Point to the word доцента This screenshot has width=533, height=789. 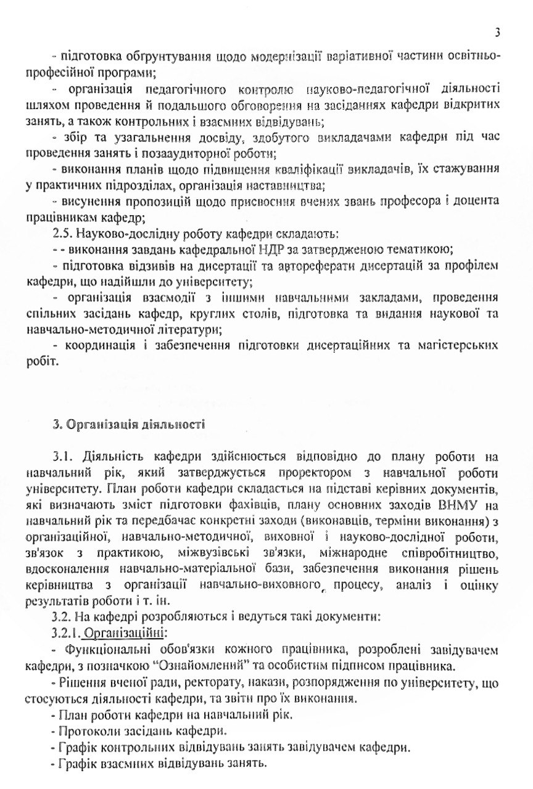click(x=474, y=202)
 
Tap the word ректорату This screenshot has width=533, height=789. click(x=185, y=683)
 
